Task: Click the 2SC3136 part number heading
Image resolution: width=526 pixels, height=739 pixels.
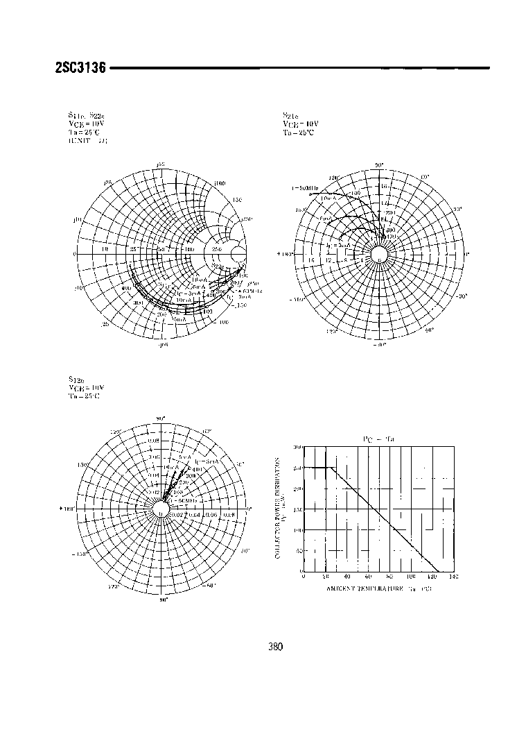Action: pos(79,69)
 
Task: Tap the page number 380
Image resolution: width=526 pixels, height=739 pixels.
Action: pos(275,647)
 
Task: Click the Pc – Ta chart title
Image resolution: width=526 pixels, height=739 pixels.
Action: pos(378,439)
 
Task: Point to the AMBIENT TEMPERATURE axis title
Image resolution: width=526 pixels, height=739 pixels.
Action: pos(379,588)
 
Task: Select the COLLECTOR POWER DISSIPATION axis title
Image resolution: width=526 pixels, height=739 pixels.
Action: pos(279,509)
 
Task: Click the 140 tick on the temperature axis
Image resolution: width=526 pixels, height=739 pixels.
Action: pos(454,576)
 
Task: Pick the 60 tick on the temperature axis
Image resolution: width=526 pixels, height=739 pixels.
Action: pos(368,576)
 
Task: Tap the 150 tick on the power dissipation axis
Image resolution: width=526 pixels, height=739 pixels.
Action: pos(299,509)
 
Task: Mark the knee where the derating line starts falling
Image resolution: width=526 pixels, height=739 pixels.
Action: pos(331,468)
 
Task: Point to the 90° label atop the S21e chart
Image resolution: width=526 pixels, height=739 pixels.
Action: pos(379,165)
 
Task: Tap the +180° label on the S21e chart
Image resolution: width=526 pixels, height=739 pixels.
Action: pos(286,254)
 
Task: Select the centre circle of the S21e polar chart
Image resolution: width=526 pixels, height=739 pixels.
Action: pos(379,254)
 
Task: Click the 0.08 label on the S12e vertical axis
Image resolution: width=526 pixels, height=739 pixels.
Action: pos(153,440)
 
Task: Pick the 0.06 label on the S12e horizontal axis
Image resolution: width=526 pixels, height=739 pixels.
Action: pos(211,514)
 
